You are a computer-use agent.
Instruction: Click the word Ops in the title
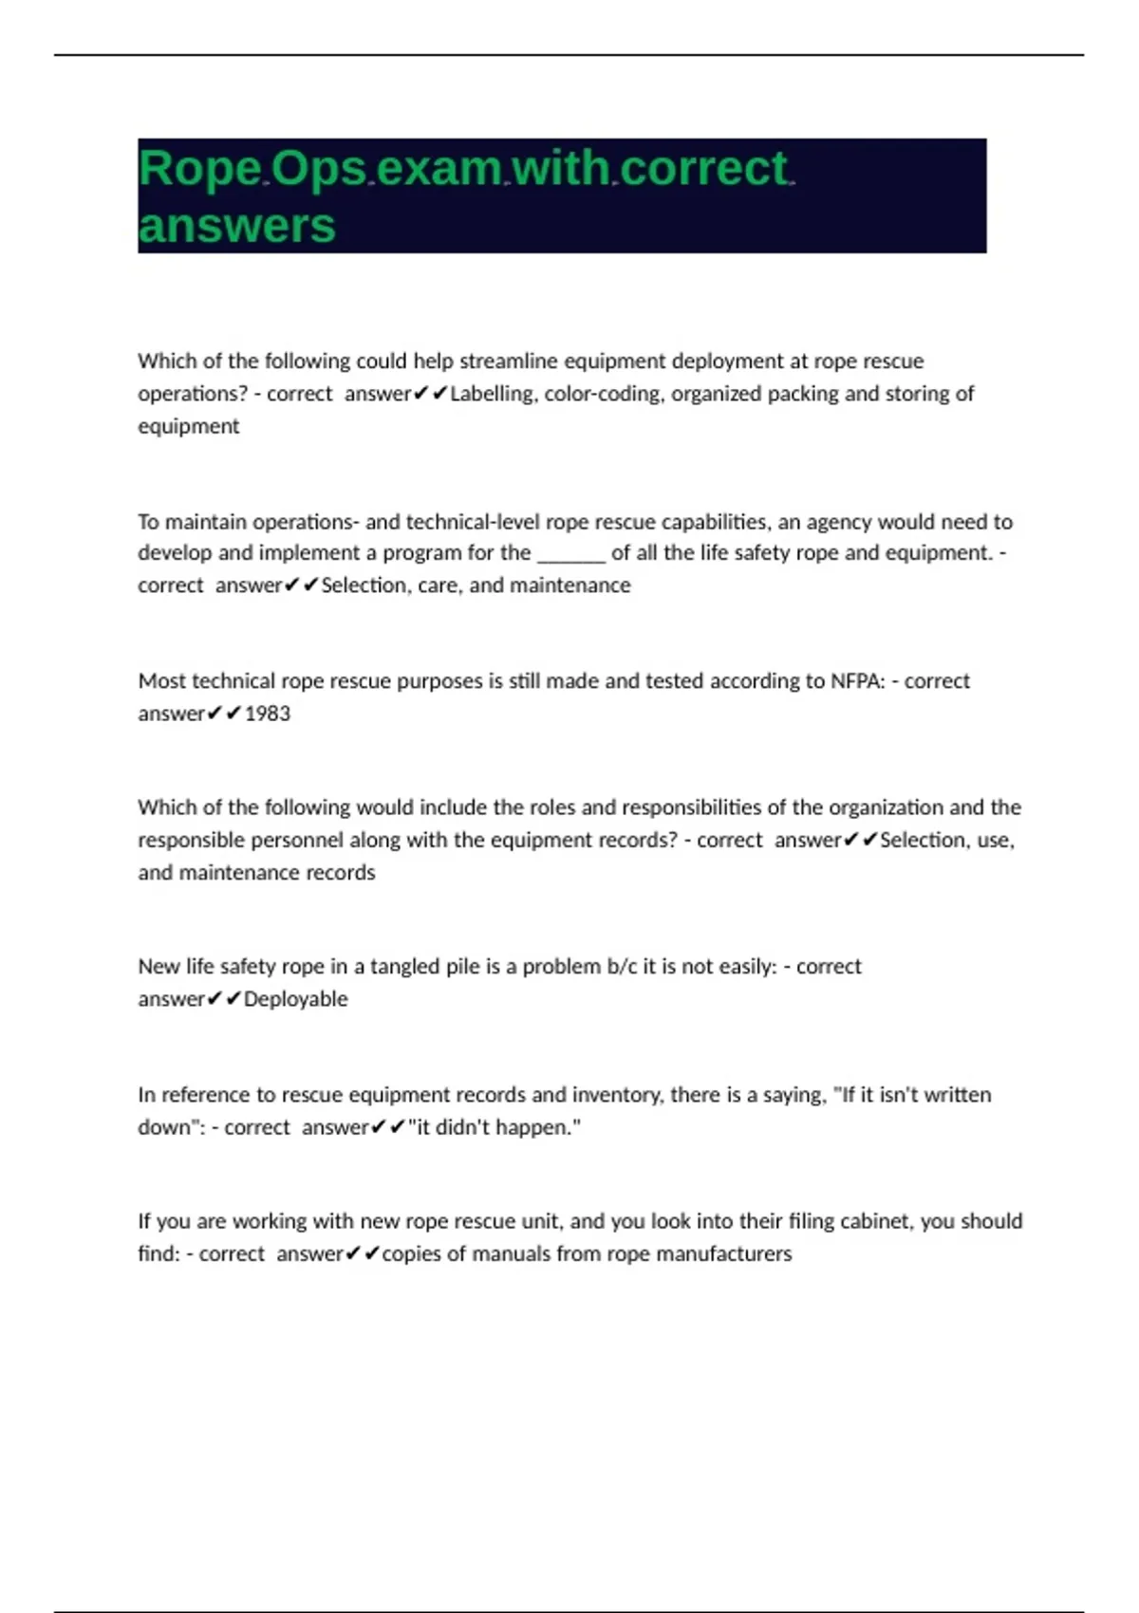point(319,170)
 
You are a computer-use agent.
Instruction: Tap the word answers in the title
point(236,227)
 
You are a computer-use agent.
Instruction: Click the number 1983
point(268,714)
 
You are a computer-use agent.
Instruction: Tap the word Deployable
point(296,999)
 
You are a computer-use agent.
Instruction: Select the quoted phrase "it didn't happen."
point(495,1127)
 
